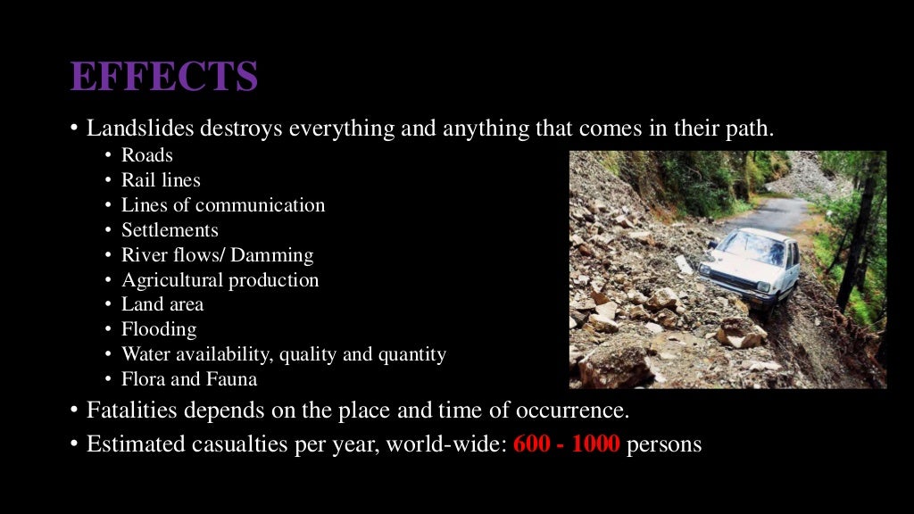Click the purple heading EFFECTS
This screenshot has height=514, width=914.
tap(164, 77)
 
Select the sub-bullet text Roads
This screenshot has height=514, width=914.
tap(147, 155)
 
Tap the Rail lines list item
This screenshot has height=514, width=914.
tap(161, 180)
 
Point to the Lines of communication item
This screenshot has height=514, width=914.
tap(223, 205)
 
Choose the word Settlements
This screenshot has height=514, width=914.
tap(170, 230)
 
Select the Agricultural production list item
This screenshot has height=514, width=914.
tap(220, 280)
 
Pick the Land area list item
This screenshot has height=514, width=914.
tap(162, 304)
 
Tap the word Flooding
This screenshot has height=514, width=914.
tap(159, 329)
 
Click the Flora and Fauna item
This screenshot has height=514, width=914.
tap(189, 379)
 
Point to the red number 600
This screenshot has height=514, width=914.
tap(532, 444)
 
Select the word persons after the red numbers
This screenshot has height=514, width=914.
tap(664, 444)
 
